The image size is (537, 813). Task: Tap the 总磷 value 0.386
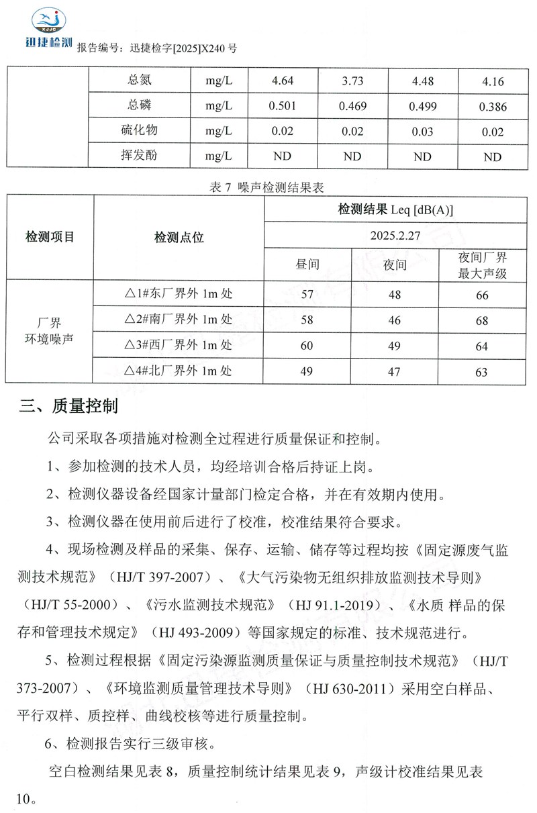(x=492, y=107)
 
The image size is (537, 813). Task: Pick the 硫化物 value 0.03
(x=422, y=132)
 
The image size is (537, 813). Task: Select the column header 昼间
(x=307, y=265)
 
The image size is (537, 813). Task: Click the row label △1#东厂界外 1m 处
(x=179, y=294)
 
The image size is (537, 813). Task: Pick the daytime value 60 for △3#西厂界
(x=307, y=346)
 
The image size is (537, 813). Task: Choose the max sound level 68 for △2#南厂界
(x=481, y=321)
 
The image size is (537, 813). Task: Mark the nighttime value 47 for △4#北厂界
(x=394, y=371)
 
